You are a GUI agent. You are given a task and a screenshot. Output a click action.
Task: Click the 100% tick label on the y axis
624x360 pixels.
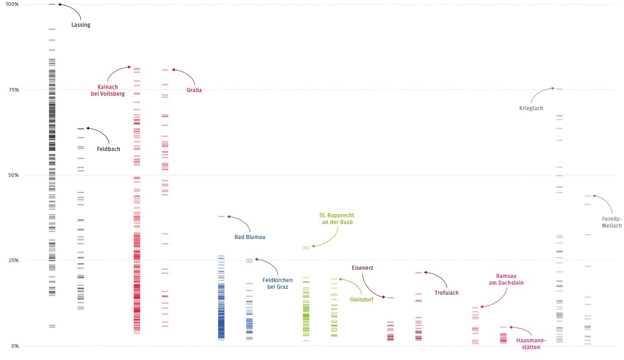coord(12,4)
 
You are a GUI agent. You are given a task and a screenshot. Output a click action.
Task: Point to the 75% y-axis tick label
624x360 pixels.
coord(14,90)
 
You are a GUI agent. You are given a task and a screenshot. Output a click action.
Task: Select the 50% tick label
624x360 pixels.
coord(14,175)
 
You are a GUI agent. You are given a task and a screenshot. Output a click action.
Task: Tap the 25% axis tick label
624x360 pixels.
coord(14,260)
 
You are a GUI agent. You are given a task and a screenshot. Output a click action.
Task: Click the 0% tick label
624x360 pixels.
coord(15,346)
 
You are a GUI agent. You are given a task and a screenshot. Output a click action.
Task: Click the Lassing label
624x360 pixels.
coord(81,25)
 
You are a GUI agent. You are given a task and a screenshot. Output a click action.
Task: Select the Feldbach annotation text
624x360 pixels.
coord(108,149)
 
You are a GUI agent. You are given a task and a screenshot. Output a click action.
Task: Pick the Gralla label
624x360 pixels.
coord(194,90)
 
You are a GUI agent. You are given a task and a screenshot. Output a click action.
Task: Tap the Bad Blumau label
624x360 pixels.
coord(249,237)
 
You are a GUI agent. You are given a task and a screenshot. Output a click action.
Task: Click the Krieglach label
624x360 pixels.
coord(531,108)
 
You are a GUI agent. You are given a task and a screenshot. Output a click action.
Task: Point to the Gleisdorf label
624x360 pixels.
coord(361,299)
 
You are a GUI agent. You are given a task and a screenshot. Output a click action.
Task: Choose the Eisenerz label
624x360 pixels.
coord(363,268)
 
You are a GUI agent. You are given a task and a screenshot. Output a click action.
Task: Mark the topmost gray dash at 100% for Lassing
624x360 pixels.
coord(52,5)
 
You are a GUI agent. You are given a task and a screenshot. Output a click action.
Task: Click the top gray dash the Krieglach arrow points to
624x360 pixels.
coord(560,89)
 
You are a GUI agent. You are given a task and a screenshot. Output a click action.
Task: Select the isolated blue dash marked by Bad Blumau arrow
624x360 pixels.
coord(221,217)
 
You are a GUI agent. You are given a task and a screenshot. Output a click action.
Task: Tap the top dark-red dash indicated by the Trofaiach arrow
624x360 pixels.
coord(418,272)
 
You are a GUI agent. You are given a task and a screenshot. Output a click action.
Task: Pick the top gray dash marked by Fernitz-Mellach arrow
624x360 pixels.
coord(588,196)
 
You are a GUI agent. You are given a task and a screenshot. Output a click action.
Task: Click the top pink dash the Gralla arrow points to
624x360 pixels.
coord(165,70)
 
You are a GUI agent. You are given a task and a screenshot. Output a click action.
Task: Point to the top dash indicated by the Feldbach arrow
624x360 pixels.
coord(81,129)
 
